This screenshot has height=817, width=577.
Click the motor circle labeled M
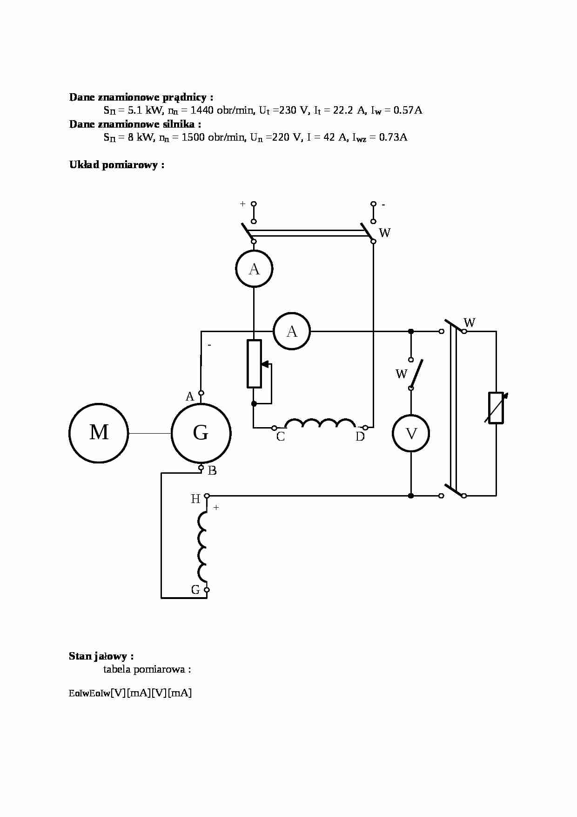(99, 433)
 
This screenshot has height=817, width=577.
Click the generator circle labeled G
(201, 433)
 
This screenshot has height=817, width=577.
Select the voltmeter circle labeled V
(411, 434)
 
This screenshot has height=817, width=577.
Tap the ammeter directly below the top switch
(254, 269)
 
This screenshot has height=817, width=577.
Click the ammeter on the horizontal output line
(292, 331)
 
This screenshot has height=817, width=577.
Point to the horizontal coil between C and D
(320, 423)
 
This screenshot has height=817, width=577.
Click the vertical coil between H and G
(203, 546)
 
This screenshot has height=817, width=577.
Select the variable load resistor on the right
(496, 408)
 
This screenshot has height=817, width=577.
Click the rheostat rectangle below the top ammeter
(254, 364)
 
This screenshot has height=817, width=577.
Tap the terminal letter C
(281, 437)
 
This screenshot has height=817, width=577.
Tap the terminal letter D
(360, 437)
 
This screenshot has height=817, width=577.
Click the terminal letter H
(195, 499)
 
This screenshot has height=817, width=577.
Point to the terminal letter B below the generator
(212, 471)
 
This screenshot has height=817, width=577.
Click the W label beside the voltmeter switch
(401, 374)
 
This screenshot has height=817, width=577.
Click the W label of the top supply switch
(385, 233)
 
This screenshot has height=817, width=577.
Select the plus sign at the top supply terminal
(242, 204)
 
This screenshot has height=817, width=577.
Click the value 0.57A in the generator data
(408, 110)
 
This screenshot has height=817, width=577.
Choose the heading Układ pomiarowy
(116, 165)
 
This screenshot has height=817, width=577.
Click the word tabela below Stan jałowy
(117, 669)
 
